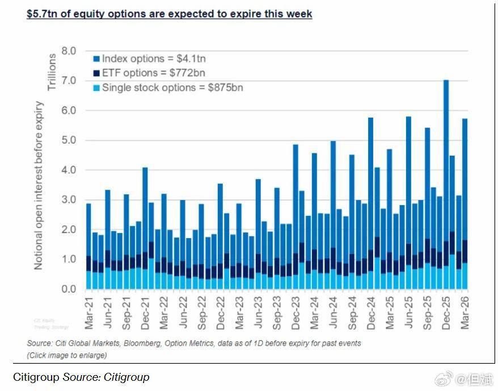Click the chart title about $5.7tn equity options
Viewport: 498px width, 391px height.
(x=169, y=14)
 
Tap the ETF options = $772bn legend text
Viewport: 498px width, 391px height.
(x=153, y=73)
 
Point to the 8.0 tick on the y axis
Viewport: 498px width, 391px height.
(x=68, y=51)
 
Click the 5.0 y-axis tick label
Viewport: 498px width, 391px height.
(x=68, y=140)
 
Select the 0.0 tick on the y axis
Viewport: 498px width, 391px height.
(x=68, y=289)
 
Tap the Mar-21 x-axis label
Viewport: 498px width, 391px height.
(x=88, y=312)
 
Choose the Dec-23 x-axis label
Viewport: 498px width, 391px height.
(x=296, y=312)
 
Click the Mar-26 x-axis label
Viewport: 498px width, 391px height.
(x=465, y=312)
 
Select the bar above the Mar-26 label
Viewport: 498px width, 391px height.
(x=465, y=199)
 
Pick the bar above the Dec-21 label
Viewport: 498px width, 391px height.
(x=145, y=227)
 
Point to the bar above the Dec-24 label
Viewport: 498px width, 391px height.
(x=370, y=199)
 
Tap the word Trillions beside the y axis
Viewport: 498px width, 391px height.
(x=52, y=72)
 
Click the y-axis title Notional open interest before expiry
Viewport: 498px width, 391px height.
(x=39, y=185)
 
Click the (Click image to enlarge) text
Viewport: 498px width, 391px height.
(x=67, y=355)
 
